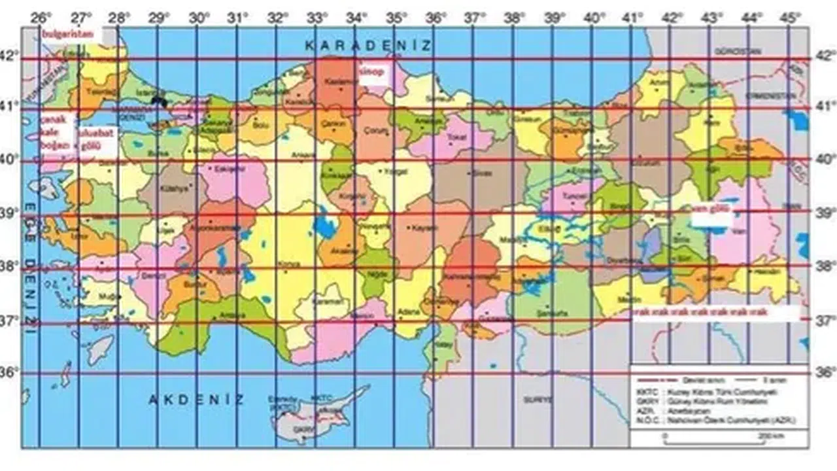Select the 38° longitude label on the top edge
[515, 18]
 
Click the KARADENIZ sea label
[369, 45]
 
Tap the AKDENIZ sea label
[196, 399]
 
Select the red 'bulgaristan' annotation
[68, 33]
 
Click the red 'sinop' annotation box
[373, 73]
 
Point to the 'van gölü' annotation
[711, 209]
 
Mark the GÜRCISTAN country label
[729, 50]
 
